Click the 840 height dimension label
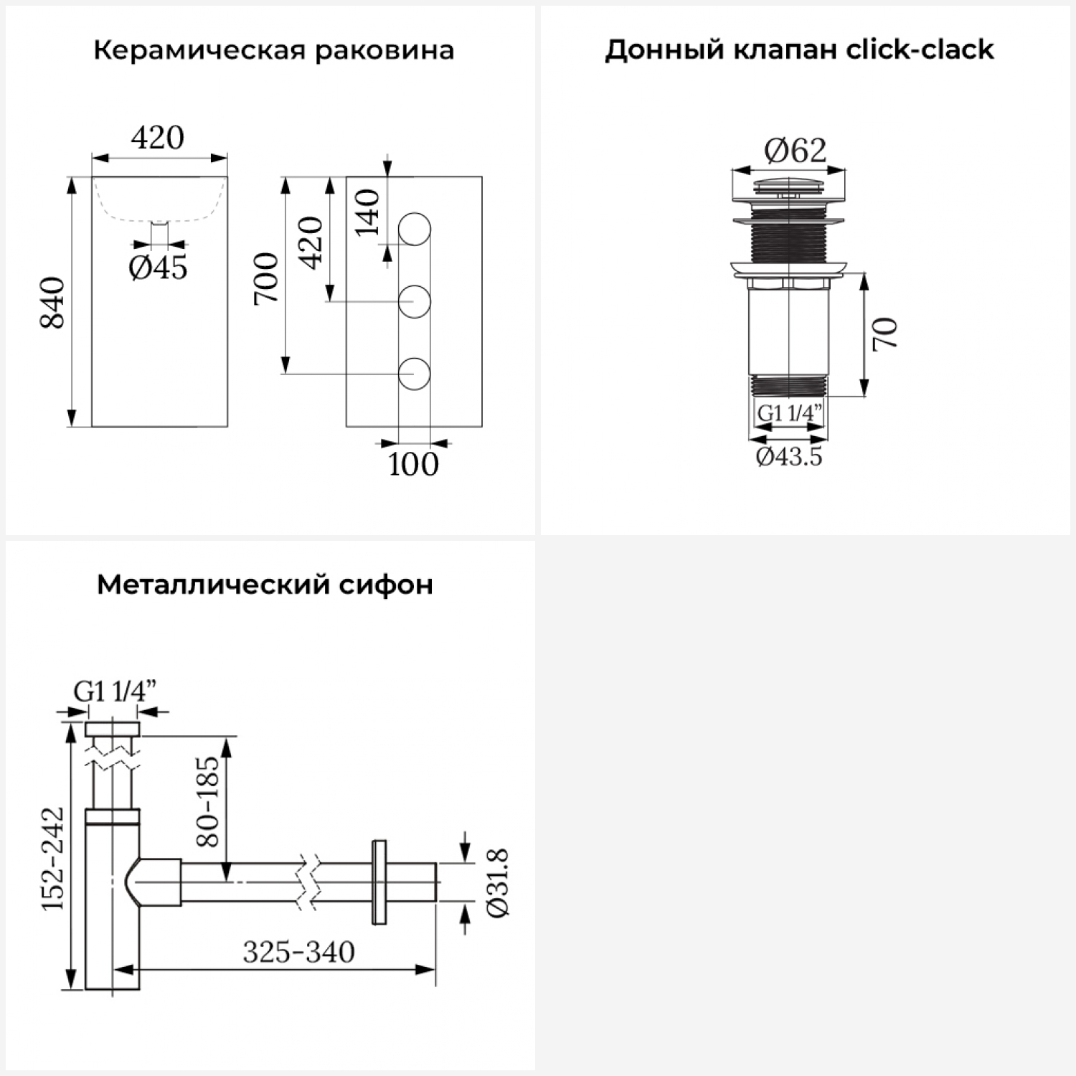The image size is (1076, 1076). [x=53, y=303]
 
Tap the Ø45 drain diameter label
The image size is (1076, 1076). [x=158, y=268]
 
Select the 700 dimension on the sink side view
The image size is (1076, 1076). [x=267, y=278]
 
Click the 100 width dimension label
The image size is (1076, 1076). [x=413, y=465]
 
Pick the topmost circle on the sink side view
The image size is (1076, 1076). [x=414, y=230]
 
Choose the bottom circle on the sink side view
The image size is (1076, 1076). [x=414, y=374]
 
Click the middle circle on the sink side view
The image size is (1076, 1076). [x=414, y=301]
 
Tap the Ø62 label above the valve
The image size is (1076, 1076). [x=795, y=151]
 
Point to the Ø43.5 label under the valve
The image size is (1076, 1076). [x=789, y=456]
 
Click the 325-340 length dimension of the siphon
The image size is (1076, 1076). [x=298, y=952]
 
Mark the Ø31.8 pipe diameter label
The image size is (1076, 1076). [x=497, y=882]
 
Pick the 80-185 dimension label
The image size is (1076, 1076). [x=207, y=801]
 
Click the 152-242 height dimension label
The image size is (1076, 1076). [x=53, y=859]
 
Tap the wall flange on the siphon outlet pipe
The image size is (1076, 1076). [x=379, y=882]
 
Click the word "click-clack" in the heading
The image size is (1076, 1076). [x=920, y=49]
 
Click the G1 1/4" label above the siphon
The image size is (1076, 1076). [x=115, y=692]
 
